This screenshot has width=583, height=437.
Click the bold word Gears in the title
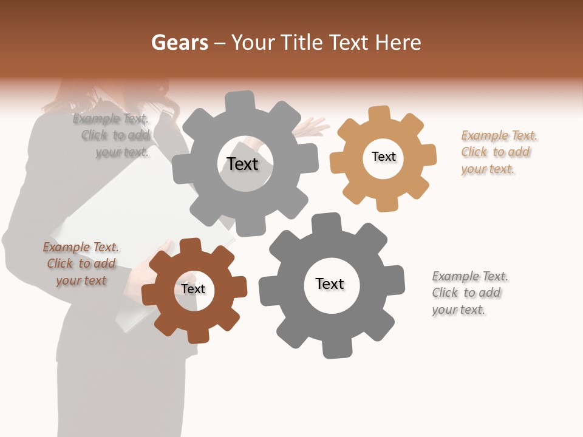180,42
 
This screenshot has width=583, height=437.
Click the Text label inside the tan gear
383,157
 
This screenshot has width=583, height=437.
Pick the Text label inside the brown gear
193,289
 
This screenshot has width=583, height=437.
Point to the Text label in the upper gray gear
242,164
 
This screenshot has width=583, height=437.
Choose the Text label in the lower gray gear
330,283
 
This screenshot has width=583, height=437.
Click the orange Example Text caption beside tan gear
499,152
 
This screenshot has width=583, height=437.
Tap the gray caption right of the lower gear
469,293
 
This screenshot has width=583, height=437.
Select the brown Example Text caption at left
81,263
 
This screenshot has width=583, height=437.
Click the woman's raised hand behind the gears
313,127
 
